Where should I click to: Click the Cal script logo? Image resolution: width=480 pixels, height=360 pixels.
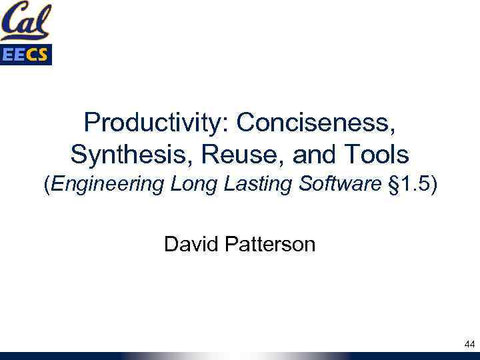coord(26,21)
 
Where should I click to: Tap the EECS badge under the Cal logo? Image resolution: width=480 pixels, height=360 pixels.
coord(26,55)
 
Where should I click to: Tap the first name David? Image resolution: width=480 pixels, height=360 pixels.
coord(189,245)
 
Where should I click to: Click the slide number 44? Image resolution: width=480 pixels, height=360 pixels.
coord(469,345)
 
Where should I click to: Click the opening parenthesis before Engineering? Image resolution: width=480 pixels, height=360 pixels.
coord(47,185)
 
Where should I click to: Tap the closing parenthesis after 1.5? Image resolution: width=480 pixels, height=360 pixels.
coord(434,185)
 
